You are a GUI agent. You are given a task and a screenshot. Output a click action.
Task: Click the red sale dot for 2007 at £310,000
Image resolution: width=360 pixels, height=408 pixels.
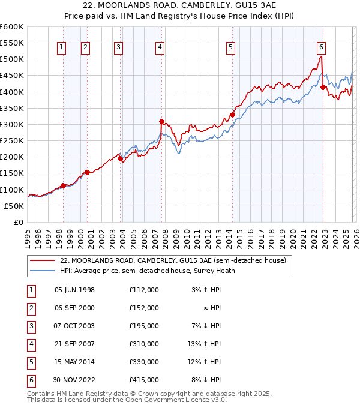[161, 121]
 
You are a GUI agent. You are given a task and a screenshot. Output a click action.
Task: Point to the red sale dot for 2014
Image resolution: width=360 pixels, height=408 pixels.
[232, 115]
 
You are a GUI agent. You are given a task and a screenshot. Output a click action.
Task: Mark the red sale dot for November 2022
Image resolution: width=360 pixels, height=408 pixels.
[323, 87]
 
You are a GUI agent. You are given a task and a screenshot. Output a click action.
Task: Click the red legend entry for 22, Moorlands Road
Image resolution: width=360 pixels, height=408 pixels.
[173, 260]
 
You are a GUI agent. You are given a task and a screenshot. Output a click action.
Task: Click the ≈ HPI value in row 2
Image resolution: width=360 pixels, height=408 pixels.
[211, 308]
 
